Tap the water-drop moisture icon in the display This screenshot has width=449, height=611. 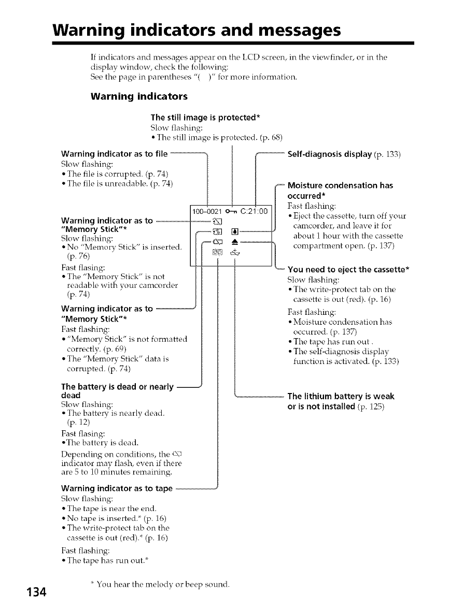click(234, 230)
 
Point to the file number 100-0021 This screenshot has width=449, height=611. click(207, 211)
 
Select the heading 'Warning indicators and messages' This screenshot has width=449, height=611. click(197, 31)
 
